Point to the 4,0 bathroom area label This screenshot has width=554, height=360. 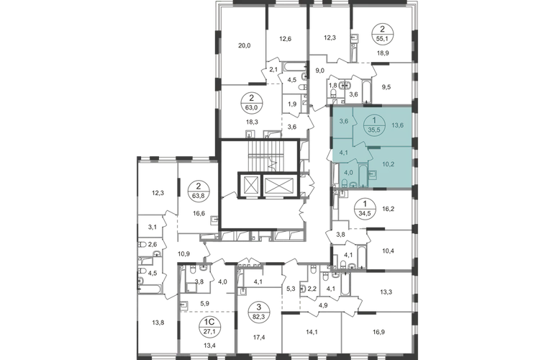pos(349,172)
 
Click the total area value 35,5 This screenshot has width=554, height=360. pos(373,130)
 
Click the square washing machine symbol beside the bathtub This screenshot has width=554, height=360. pos(373,174)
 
